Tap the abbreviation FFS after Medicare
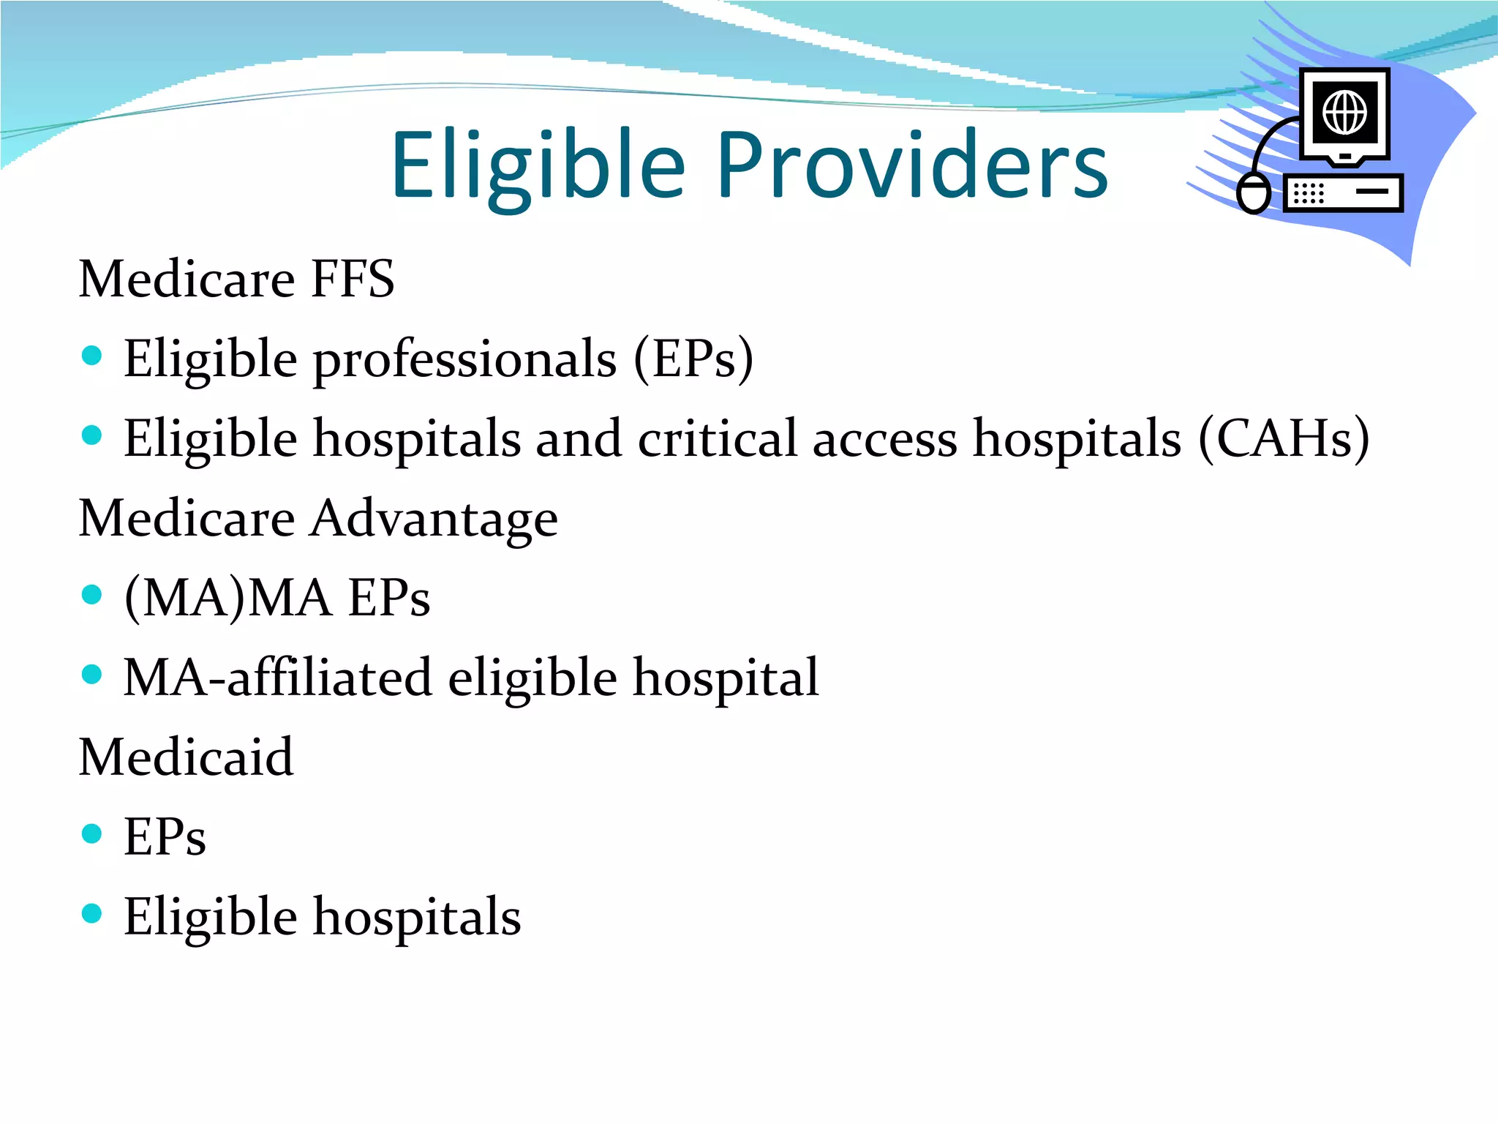[x=353, y=279]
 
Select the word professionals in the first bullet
[x=465, y=359]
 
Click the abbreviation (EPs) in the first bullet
[x=693, y=359]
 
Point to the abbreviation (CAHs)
[x=1284, y=439]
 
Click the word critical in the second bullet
[x=717, y=439]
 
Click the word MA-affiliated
[x=278, y=678]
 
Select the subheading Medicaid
[x=186, y=757]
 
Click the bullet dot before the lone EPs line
[x=92, y=833]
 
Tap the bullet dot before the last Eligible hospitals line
[x=92, y=913]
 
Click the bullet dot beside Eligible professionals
[x=92, y=356]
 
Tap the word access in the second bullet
[x=884, y=439]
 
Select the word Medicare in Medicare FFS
[x=187, y=279]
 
